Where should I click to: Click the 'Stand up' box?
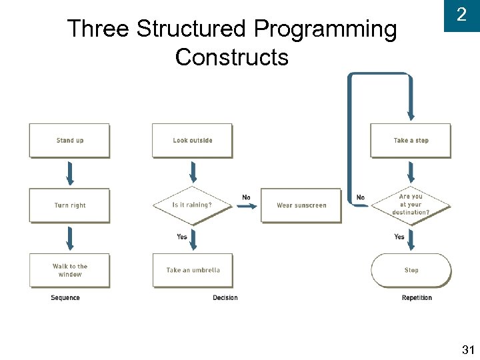69,141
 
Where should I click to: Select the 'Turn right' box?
69,205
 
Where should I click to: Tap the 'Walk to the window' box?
69,270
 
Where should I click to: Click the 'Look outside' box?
192,141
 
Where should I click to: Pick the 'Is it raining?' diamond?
192,205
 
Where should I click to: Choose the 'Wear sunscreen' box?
301,205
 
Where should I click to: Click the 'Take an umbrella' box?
193,270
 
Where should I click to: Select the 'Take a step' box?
411,141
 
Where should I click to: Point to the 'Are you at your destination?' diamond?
411,205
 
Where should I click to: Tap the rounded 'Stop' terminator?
411,270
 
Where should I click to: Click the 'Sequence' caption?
65,298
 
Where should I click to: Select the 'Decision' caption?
225,298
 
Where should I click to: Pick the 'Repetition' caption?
417,298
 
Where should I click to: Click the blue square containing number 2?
461,15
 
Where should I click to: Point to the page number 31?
467,350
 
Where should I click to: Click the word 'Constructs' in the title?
231,58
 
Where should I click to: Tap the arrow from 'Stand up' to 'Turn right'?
70,173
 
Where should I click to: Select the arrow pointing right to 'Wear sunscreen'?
246,206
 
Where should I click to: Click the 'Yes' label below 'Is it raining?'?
182,237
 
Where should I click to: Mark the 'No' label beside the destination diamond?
361,197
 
